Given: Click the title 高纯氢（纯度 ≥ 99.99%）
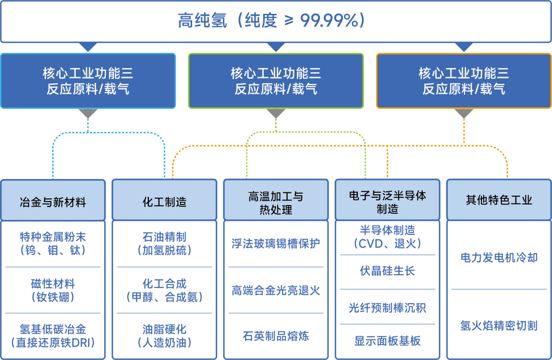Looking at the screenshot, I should click(275, 20).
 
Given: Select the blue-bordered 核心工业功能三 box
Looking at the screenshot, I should click(88, 81).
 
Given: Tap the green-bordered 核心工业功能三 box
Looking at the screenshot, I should click(275, 81).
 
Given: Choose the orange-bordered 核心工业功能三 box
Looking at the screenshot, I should click(464, 81).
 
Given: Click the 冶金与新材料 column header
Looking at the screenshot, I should click(53, 202).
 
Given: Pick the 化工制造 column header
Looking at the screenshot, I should click(164, 202).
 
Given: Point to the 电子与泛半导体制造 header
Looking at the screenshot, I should click(387, 202).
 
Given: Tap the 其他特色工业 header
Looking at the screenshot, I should click(498, 200).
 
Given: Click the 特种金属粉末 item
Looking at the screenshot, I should click(53, 243).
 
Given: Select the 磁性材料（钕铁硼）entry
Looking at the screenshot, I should click(53, 290).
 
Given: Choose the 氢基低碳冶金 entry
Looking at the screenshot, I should click(53, 335).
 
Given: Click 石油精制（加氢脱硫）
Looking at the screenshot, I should click(164, 243).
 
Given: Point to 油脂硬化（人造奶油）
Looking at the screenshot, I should click(164, 335).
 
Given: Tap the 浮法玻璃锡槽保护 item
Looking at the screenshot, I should click(275, 243).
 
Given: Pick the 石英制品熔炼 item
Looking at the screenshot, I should click(275, 336).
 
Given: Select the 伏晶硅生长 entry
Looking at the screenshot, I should click(387, 271).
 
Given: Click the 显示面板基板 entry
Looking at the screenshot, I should click(387, 341).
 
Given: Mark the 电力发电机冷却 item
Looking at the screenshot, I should click(498, 257).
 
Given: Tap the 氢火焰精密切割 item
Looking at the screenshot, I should click(498, 325).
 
